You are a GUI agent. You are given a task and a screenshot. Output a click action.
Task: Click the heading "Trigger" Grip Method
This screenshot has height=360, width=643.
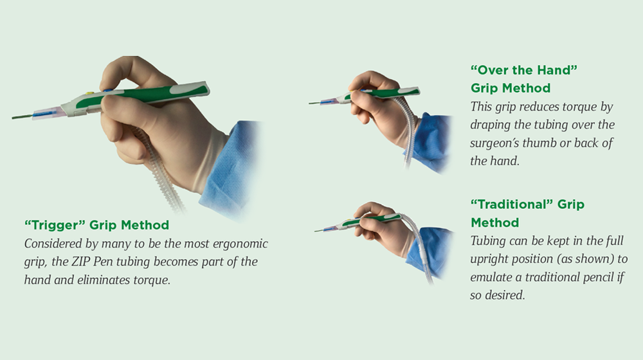97,225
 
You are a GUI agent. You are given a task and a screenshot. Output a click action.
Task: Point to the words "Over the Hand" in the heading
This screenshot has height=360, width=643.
523,70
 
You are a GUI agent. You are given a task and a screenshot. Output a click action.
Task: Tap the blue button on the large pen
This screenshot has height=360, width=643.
108,90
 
